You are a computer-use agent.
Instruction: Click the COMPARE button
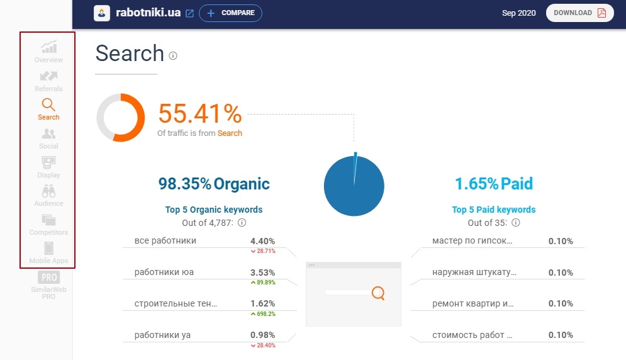230,13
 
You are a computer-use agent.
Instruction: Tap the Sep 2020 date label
519,13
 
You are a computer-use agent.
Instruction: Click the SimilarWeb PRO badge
48,284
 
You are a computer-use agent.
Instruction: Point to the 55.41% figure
199,114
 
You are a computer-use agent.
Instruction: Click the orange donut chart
121,118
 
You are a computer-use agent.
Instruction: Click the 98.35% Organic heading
214,184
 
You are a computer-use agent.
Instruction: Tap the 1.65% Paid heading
494,184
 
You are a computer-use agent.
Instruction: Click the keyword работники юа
164,273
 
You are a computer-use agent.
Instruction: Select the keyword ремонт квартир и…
473,303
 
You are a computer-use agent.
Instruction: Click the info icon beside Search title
173,55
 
